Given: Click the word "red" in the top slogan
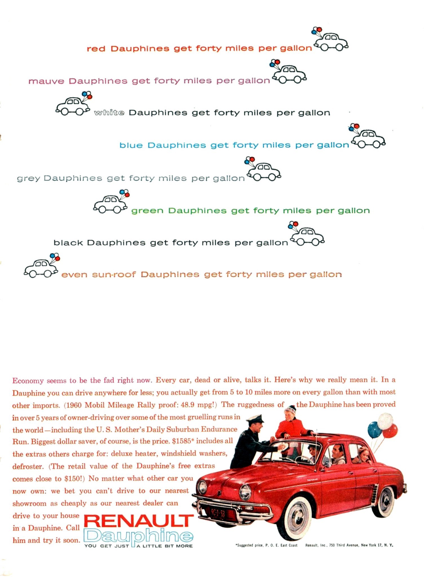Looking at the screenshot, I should click(96, 49).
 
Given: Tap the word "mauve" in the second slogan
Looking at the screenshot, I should click(46, 81).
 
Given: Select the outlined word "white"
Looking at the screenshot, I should click(109, 113).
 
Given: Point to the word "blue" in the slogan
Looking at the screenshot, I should click(131, 145).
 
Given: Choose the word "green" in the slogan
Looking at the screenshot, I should click(147, 211).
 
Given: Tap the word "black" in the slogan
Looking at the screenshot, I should click(68, 243).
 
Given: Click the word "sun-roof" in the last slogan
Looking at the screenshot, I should click(114, 275).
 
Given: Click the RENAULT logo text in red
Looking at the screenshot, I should click(139, 521).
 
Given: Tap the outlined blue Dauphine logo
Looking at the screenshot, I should click(138, 536).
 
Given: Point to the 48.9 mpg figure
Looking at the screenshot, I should click(198, 405).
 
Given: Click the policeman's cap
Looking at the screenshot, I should click(255, 419).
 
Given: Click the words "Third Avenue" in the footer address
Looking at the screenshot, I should click(347, 545).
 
